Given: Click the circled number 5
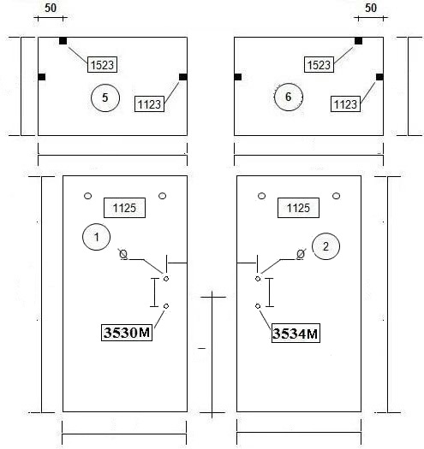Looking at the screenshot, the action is click(x=105, y=97).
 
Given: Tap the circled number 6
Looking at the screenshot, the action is click(x=289, y=97).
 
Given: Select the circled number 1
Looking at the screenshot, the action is click(x=97, y=237).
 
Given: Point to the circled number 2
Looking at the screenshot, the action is click(x=325, y=246).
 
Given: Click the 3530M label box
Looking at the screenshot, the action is click(x=127, y=333).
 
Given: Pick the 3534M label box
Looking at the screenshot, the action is click(x=296, y=334).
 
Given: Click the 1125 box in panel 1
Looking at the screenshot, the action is click(x=124, y=208).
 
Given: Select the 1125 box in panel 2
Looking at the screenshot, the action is click(x=298, y=208).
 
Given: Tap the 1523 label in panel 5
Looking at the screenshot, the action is click(x=103, y=65).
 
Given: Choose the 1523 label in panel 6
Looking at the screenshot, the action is click(x=319, y=65).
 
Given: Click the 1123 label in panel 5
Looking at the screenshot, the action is click(x=149, y=104).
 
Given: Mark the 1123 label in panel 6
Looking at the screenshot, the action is click(x=345, y=104).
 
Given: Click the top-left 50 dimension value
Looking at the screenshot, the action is click(x=51, y=8).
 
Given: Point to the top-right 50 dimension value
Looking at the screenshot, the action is click(x=371, y=8).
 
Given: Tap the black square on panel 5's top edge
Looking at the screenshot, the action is click(x=63, y=41).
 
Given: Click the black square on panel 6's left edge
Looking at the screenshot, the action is click(x=238, y=77).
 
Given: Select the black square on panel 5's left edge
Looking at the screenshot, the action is click(x=42, y=77).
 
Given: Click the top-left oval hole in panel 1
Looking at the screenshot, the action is click(x=87, y=196).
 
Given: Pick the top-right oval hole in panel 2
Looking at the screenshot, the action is click(x=337, y=196).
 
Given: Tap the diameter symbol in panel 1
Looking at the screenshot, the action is click(x=123, y=254).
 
